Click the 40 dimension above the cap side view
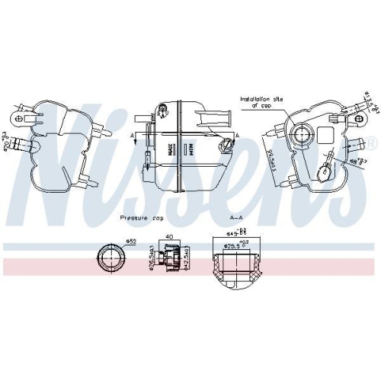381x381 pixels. [x=169, y=238]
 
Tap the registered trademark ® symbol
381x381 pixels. [x=372, y=142]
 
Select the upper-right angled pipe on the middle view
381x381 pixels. [x=214, y=118]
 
